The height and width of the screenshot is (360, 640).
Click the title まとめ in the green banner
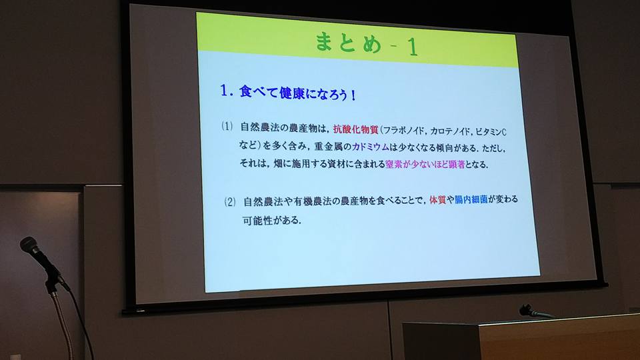coord(348,42)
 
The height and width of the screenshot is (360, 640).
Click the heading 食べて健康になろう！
coord(297,93)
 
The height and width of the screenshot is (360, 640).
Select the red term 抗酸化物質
coord(356,130)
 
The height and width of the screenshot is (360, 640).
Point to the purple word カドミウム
coord(371,147)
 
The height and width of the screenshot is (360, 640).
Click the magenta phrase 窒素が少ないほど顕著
coord(425,165)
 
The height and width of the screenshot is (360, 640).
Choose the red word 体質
coord(437,200)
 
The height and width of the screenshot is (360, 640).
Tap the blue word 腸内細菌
coord(471,199)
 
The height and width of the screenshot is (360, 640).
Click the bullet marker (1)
coord(227,126)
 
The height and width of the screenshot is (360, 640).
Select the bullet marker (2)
coord(230,201)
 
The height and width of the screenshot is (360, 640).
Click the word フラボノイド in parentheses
coord(403,131)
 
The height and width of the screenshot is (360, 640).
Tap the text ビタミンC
coord(491,132)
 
